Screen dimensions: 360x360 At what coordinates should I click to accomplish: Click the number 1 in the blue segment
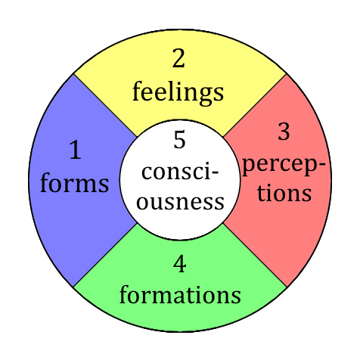76,150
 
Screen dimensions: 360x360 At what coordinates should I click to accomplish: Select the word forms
75,182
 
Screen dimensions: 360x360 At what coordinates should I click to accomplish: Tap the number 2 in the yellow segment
178,58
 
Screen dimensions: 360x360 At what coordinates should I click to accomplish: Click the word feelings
178,92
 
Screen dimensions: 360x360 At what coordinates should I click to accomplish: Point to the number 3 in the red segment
284,131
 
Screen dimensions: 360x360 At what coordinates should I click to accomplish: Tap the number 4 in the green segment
180,264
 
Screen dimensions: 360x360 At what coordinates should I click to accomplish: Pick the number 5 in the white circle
179,139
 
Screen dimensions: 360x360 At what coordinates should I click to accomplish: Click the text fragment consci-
180,172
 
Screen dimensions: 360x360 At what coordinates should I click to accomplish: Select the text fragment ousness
180,202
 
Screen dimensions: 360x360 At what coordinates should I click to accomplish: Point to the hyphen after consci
215,173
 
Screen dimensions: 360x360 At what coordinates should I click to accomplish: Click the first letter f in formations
125,293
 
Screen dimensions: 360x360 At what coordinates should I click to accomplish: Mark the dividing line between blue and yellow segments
105,105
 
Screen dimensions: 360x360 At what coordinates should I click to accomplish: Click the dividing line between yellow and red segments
255,105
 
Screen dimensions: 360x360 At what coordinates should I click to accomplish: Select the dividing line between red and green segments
255,255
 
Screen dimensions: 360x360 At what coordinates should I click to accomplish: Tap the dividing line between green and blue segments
105,255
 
